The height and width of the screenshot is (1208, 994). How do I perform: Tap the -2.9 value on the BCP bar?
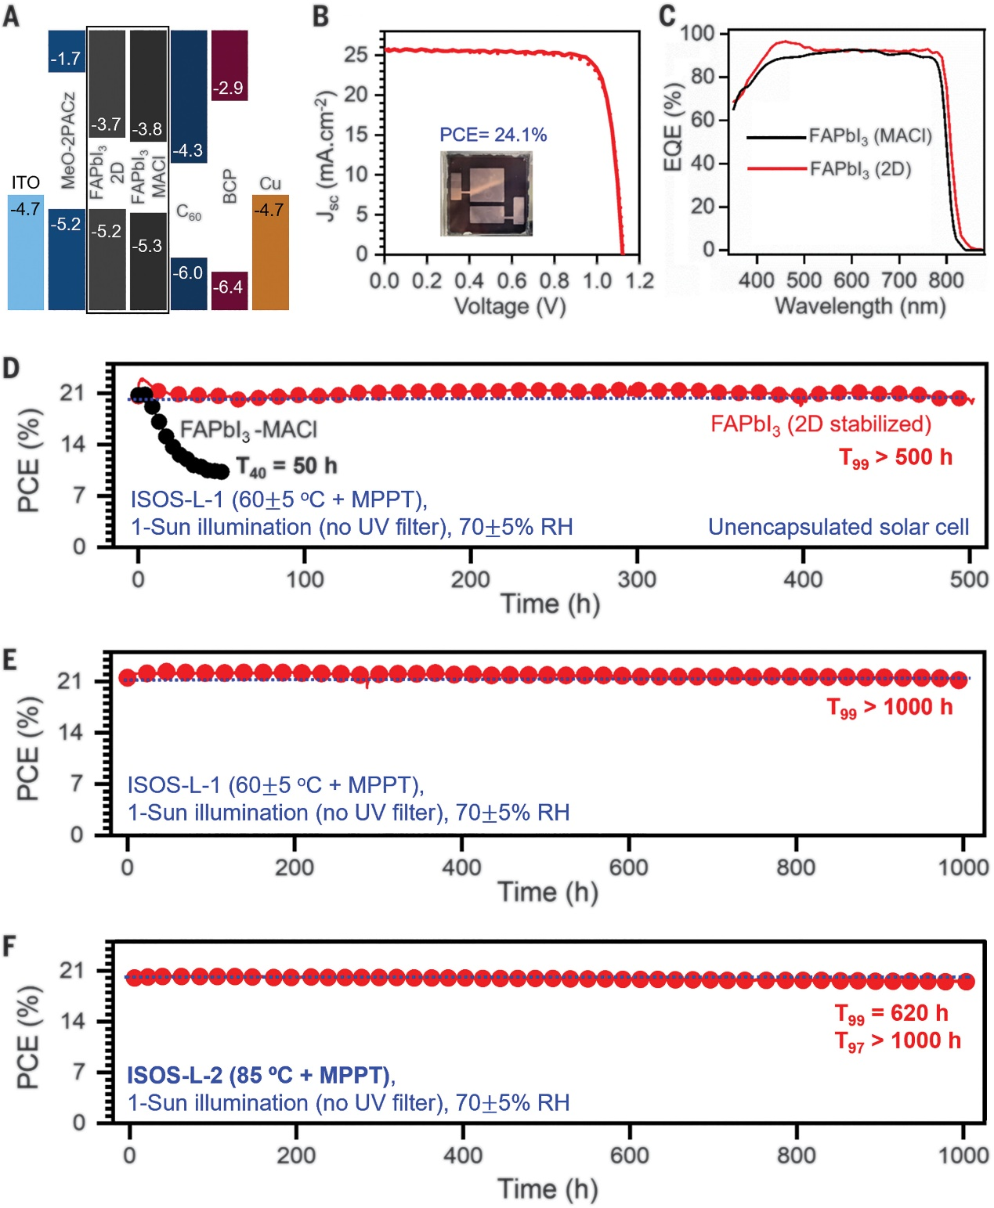click(228, 88)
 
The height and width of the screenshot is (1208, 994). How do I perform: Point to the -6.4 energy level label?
click(228, 287)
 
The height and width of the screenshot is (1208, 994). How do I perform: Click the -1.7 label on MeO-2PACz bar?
click(65, 59)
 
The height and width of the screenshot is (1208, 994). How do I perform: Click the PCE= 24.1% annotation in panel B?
click(493, 135)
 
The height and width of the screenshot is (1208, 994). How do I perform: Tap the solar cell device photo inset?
click(486, 193)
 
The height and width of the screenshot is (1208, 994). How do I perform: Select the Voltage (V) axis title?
click(510, 305)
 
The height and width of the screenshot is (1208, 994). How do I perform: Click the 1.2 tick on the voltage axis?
click(639, 280)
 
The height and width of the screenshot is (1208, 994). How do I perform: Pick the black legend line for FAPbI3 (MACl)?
click(775, 137)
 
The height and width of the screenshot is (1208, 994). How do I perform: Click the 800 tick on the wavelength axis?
click(945, 280)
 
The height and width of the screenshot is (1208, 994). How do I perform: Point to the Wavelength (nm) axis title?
click(859, 305)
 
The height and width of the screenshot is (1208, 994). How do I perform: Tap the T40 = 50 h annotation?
click(287, 467)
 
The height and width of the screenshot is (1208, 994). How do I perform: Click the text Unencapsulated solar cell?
click(838, 528)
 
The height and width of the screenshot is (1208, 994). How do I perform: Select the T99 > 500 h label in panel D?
click(895, 458)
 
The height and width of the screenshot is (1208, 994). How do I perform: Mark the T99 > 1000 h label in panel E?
click(890, 708)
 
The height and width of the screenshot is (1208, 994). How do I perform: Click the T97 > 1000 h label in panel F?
click(898, 1041)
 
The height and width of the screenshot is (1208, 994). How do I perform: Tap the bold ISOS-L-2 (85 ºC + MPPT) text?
click(259, 1076)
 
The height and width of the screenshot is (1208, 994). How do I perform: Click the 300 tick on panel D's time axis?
click(637, 579)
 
